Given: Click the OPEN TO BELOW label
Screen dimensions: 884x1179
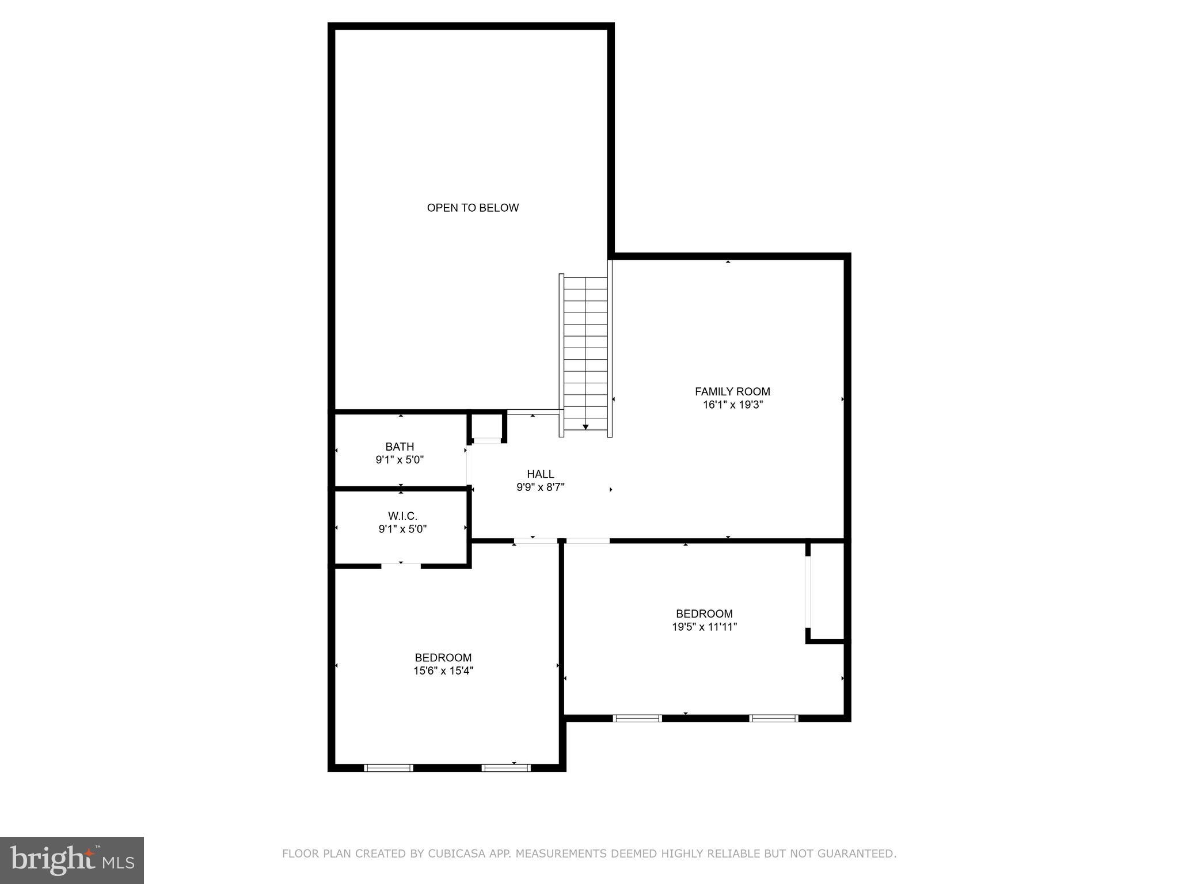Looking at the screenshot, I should [473, 208].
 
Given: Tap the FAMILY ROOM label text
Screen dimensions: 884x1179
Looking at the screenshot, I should [732, 391].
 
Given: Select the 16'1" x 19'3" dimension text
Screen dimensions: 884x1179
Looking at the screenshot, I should [732, 405].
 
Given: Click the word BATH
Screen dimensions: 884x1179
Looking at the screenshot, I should [400, 447].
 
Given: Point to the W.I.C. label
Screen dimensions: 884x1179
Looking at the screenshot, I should [402, 516].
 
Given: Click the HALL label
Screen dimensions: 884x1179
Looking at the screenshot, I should [541, 474].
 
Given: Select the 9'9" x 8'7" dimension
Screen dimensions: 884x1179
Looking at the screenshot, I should [541, 487].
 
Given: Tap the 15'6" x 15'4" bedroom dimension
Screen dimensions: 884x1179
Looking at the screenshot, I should [443, 670].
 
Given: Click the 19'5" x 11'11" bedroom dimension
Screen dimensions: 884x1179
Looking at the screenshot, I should [704, 627].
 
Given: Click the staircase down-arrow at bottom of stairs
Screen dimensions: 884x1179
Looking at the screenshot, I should [585, 426].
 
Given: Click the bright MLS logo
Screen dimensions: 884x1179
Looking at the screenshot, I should [72, 860].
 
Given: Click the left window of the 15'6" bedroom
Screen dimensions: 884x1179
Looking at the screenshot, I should [389, 768].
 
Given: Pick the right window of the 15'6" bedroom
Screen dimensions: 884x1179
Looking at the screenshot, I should [506, 768].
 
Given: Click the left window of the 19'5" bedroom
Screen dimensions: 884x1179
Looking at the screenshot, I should [637, 718].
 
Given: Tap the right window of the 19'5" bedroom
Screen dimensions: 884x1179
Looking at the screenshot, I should [774, 718].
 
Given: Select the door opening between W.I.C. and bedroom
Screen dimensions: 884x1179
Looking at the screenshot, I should [401, 566].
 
